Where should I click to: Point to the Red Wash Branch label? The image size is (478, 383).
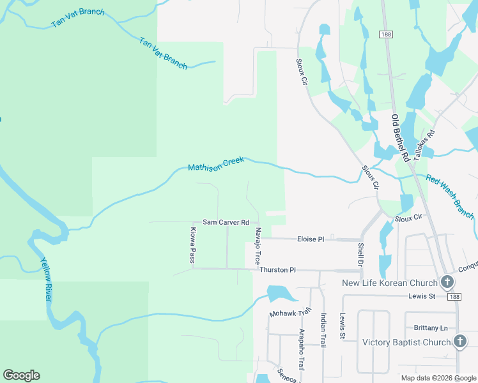pos(450,197)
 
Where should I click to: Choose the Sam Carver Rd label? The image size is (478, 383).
pos(226,222)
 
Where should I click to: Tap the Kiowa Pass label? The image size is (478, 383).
pos(192,245)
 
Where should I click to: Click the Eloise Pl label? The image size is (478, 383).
pos(311,239)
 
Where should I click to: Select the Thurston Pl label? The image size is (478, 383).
pos(277,270)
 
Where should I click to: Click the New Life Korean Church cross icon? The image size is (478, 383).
pos(447,282)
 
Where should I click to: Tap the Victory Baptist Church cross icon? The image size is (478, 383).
pos(459,342)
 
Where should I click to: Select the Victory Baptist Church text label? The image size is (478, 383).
pos(406,342)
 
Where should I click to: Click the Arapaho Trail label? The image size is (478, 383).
pos(302,349)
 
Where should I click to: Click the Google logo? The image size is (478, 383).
pos(22,375)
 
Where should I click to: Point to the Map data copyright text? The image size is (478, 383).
pos(438,378)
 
